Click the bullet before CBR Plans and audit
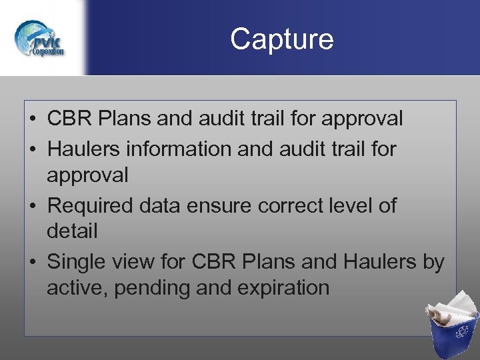[32, 119]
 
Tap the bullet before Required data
[32, 206]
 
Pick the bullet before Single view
[32, 263]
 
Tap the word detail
[72, 231]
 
